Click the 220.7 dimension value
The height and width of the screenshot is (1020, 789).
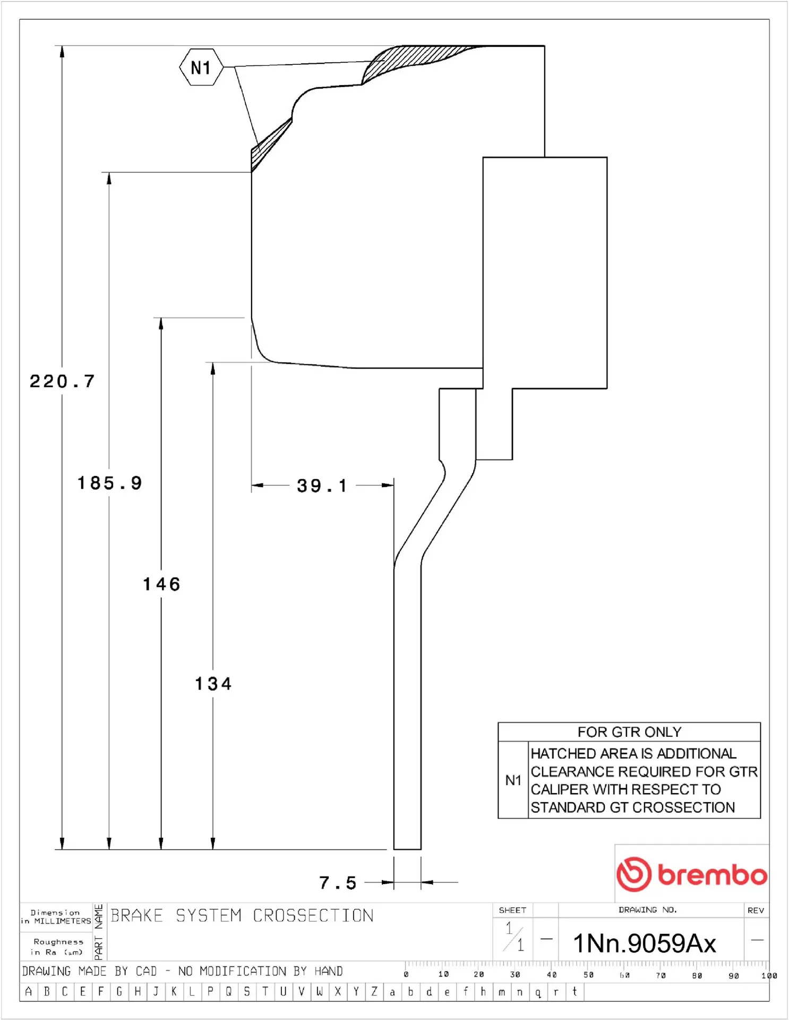[62, 381]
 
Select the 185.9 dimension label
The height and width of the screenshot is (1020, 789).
[110, 483]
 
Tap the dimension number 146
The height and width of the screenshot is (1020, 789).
[161, 584]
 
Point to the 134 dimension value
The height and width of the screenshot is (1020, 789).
[213, 684]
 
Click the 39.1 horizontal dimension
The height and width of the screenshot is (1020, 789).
[322, 486]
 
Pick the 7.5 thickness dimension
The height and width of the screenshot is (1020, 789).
[338, 883]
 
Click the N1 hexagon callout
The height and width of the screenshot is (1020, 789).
[201, 67]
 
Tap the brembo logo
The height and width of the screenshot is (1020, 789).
[692, 874]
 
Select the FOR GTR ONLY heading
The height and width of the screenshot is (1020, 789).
[629, 732]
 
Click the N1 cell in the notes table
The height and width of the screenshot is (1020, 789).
[513, 780]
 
